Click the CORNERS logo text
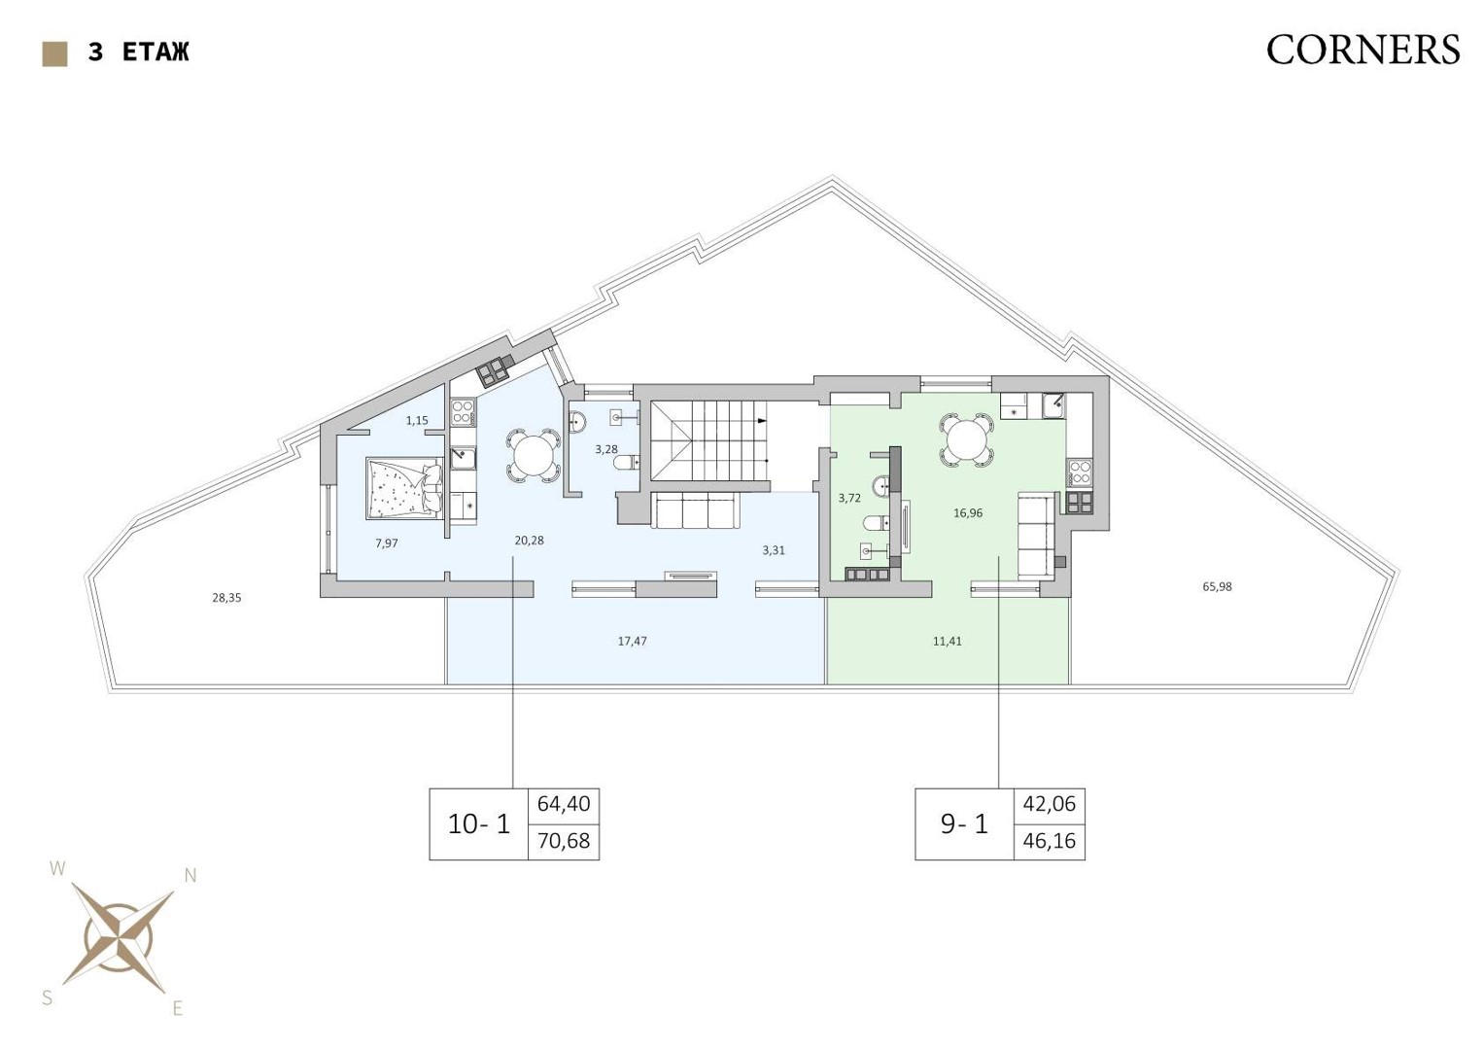click(x=1363, y=50)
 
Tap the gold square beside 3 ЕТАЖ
click(x=55, y=54)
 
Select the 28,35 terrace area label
click(x=226, y=598)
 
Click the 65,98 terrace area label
click(x=1217, y=586)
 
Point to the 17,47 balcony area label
click(x=632, y=641)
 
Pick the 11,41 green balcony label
click(x=947, y=641)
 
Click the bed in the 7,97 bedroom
click(x=404, y=488)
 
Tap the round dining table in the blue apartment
click(x=534, y=455)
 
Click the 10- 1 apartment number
click(x=479, y=824)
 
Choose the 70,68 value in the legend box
click(x=563, y=841)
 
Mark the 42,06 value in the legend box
click(x=1050, y=804)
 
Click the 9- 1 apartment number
click(x=965, y=824)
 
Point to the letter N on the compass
click(x=190, y=876)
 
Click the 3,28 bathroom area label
click(x=605, y=449)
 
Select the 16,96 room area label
click(x=968, y=513)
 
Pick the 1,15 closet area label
click(x=417, y=420)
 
